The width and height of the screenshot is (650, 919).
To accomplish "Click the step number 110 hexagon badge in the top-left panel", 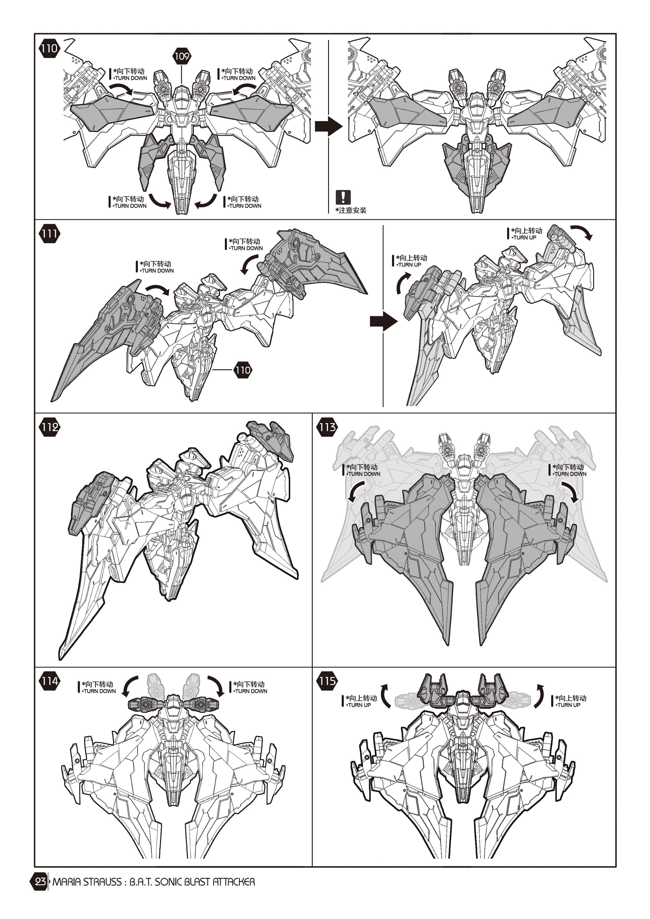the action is pos(49,49).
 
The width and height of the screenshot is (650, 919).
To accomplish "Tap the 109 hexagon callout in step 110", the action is pos(182,56).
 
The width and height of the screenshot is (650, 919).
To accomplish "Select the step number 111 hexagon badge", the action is pos(49,234).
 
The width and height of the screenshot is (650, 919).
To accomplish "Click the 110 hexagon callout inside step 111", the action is pos(243,370).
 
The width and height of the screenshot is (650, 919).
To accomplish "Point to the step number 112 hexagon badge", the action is pos(49,427).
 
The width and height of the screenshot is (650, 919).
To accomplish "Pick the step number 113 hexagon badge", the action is pos(327,427).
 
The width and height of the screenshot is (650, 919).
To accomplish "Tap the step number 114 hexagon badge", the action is pos(49,681).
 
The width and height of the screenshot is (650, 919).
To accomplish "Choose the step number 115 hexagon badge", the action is pos(327,681).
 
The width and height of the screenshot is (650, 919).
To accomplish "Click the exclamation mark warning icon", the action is pos(343,197).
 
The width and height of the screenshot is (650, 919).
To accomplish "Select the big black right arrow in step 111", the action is pos(383,321).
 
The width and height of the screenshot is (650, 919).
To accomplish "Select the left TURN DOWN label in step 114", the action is pos(99,691).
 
